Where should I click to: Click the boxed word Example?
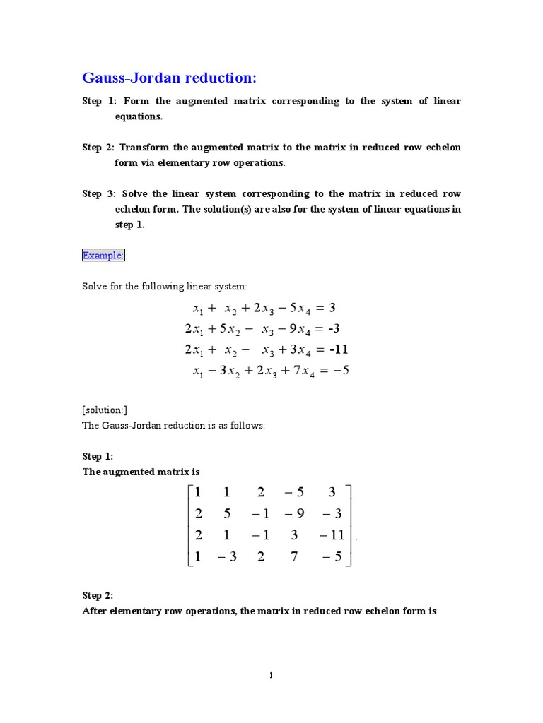pos(103,256)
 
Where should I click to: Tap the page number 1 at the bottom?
pos(271,676)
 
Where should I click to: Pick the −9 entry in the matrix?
pos(294,514)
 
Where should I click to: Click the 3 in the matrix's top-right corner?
pos(332,493)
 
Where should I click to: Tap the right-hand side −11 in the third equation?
pos(334,349)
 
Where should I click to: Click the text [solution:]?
pos(105,410)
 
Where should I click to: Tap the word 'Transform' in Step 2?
pos(144,148)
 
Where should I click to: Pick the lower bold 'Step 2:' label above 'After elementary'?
pos(98,595)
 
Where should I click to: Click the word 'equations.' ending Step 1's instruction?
pos(139,116)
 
